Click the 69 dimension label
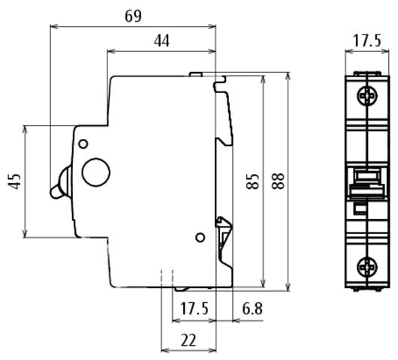133,16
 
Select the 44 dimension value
161,40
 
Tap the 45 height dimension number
15,181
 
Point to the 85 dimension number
252,181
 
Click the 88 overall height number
278,181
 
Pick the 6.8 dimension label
252,308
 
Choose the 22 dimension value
188,340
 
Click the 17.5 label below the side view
194,308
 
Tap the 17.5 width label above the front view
367,40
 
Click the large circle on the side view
96,172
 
